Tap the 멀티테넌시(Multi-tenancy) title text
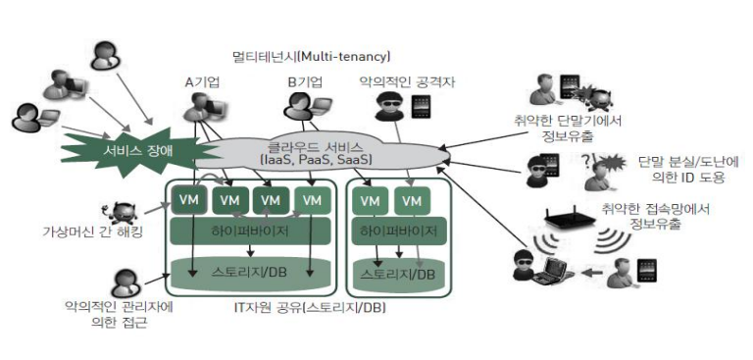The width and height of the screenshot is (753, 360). click(x=310, y=57)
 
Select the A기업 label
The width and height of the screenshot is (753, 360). click(x=202, y=82)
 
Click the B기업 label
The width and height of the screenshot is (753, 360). click(x=305, y=82)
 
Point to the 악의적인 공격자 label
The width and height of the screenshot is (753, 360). click(x=407, y=82)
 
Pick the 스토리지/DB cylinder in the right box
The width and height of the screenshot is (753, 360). click(x=399, y=274)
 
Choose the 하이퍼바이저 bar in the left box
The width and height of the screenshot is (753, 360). click(x=250, y=231)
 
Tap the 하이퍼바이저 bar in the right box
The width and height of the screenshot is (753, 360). click(x=399, y=231)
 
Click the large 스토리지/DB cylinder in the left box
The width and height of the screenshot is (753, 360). click(x=250, y=274)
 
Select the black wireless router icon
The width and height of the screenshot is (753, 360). click(x=571, y=217)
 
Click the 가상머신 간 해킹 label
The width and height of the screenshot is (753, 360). click(x=93, y=232)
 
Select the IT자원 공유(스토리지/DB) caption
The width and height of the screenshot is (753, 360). click(x=310, y=307)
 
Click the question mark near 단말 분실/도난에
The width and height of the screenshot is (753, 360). click(x=584, y=159)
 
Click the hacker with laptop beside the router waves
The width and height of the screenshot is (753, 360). click(x=541, y=265)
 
